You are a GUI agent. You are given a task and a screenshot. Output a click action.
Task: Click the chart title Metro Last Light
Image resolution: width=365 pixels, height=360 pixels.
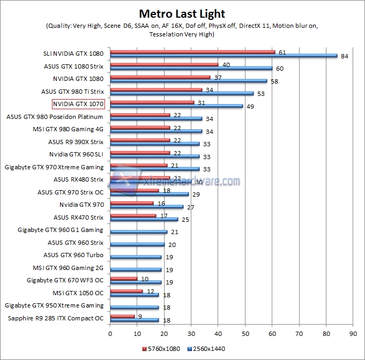point(182,13)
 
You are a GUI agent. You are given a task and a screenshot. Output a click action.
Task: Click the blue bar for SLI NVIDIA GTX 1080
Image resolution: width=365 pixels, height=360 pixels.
point(224,56)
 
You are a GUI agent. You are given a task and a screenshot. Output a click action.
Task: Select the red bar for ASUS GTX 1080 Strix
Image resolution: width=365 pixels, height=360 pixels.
point(164,64)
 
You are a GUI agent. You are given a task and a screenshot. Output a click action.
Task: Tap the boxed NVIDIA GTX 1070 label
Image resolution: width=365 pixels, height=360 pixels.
point(78,104)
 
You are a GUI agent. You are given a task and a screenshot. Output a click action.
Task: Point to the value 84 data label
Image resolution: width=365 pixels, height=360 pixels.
point(345,56)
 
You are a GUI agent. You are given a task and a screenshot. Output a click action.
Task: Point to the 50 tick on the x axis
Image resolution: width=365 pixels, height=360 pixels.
point(245,333)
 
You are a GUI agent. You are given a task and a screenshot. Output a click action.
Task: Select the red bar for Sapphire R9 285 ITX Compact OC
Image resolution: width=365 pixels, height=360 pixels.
point(122,316)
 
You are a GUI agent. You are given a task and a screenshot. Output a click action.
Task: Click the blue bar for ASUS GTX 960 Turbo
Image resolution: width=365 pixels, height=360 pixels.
point(136,257)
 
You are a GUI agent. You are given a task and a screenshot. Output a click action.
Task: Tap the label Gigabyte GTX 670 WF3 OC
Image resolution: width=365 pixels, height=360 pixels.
point(65,280)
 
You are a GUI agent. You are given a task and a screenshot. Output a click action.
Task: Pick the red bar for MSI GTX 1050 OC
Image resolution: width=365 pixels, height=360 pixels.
point(126,291)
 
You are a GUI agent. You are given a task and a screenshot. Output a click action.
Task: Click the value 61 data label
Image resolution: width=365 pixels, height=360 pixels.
point(281,52)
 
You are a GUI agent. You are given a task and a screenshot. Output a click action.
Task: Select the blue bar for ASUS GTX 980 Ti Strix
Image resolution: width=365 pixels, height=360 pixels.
point(182,93)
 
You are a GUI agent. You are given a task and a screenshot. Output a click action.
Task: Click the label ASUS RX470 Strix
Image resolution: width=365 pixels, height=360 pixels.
point(78,217)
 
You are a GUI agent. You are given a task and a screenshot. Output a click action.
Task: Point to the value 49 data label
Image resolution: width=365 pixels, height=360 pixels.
point(250,107)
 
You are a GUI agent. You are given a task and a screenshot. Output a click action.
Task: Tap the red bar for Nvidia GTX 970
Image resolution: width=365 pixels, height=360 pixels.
point(132,203)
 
